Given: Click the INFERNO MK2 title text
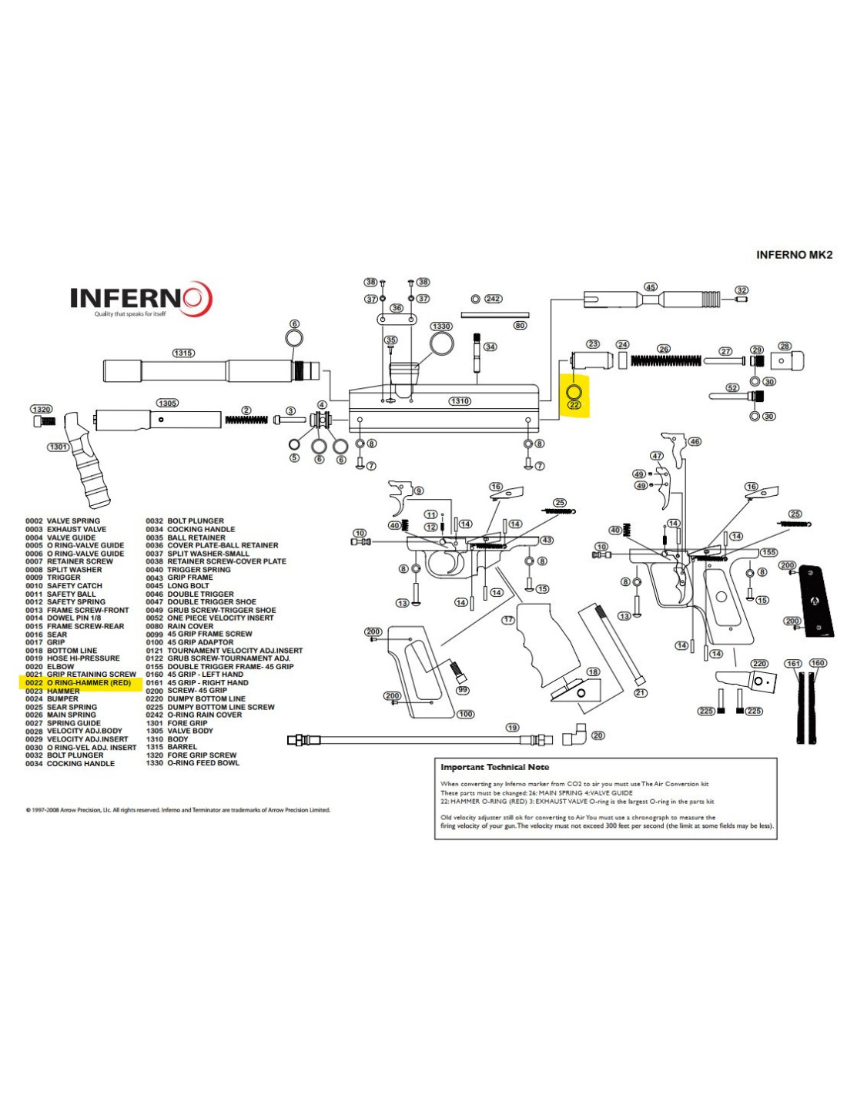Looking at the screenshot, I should click(794, 255).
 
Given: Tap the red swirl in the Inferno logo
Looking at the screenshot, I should click(196, 298).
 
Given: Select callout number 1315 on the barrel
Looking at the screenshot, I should click(183, 353).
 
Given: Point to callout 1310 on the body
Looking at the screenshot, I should click(460, 401).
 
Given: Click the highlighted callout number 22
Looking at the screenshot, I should click(574, 405).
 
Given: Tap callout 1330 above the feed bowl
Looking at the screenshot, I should click(441, 326).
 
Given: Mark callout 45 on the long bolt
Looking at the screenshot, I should click(651, 287).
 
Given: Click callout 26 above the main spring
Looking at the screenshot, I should click(664, 349).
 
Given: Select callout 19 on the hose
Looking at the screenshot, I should click(513, 728).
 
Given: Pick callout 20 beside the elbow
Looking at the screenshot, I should click(598, 735).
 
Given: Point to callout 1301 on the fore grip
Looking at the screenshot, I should click(59, 447).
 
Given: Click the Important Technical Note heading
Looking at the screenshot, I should click(494, 767).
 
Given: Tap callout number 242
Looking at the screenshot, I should click(493, 299).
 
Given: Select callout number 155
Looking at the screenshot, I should click(768, 552).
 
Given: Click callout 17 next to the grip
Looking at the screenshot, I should click(508, 620).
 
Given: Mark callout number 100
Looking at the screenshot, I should click(466, 715).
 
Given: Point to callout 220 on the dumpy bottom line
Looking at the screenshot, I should click(760, 664).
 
